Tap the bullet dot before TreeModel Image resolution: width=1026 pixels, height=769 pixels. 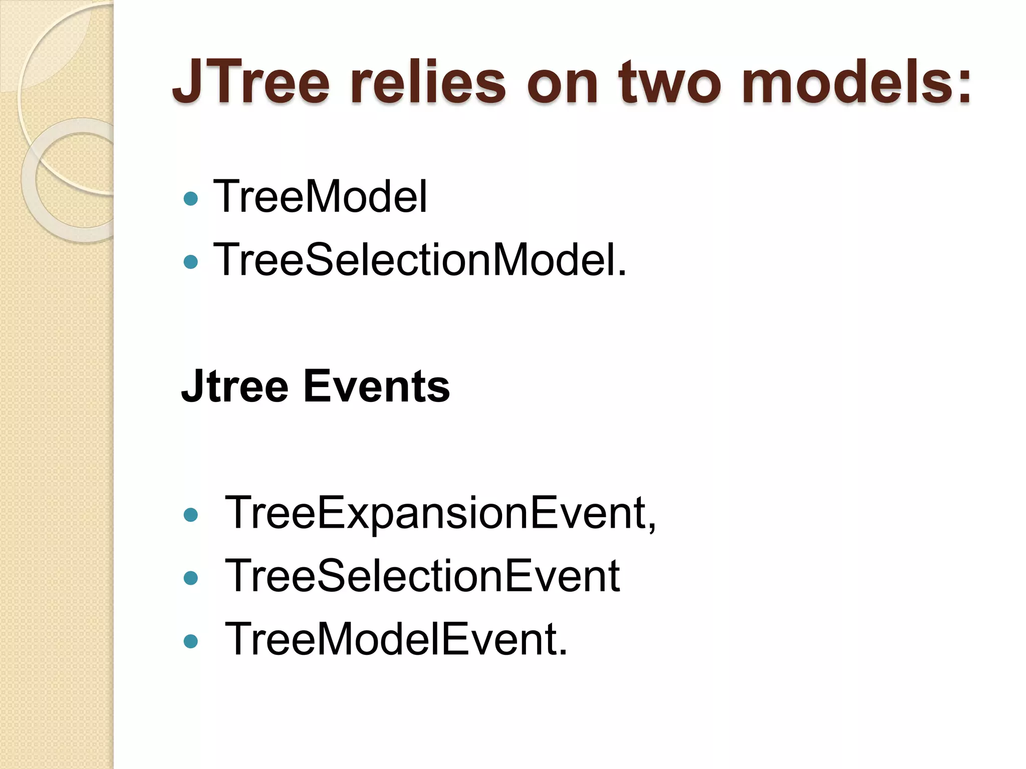(x=191, y=199)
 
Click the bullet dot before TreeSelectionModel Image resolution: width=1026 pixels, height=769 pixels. (x=191, y=261)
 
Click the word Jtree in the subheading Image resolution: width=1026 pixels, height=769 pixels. (x=234, y=387)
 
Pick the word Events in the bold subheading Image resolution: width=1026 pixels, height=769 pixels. (x=377, y=387)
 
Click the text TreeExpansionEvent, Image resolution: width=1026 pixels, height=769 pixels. (x=440, y=513)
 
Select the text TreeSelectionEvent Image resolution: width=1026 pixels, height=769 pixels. (x=422, y=576)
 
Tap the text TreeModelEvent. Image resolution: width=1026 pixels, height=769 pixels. (x=396, y=639)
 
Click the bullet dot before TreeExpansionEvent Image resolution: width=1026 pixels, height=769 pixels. (x=191, y=515)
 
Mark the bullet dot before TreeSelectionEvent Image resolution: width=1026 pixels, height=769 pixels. (x=191, y=579)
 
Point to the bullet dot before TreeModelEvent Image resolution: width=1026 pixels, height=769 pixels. (x=191, y=641)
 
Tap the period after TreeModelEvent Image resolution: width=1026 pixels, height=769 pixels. (x=563, y=652)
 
